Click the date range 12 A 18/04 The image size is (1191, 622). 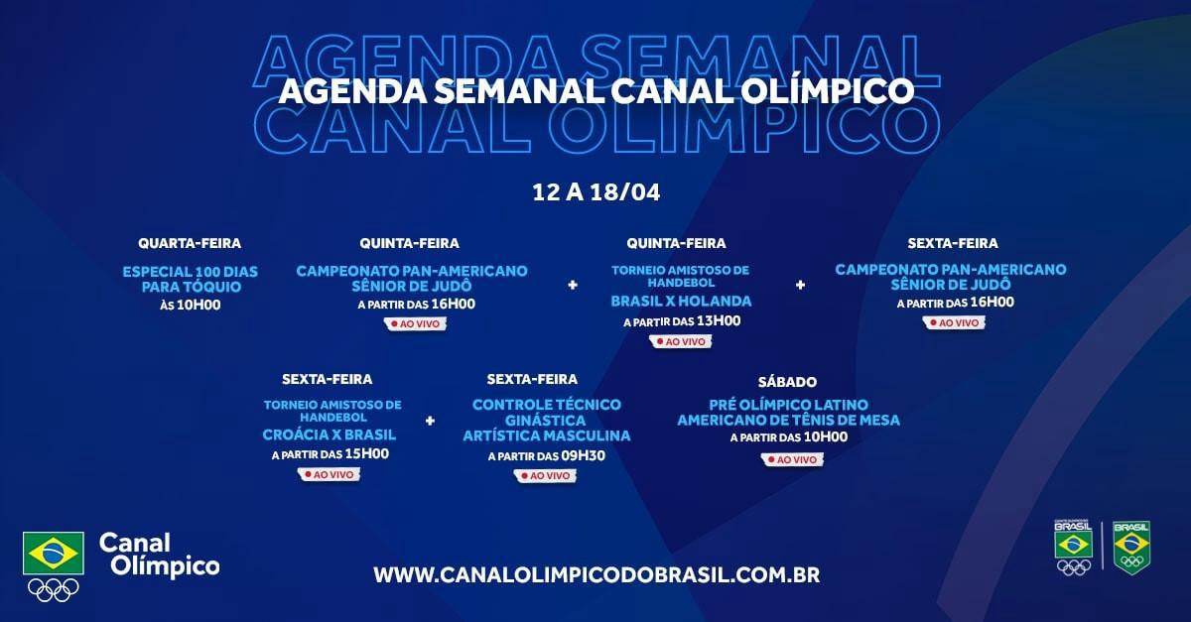pos(596,191)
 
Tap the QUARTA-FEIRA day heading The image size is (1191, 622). pos(190,243)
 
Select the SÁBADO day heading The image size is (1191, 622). pos(787,382)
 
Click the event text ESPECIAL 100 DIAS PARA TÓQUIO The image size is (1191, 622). pos(191,279)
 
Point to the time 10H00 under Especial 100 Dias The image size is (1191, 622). pos(199,306)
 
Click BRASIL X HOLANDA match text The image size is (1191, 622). pos(681,302)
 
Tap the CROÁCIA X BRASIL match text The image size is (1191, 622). pos(330,435)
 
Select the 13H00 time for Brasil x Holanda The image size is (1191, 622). pos(720,321)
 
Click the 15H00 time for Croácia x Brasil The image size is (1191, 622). pos(367,454)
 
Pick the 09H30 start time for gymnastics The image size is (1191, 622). pos(584,455)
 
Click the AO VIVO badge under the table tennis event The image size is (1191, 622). pos(792,459)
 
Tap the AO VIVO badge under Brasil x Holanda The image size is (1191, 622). pos(681,341)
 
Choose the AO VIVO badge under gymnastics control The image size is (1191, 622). pos(546,475)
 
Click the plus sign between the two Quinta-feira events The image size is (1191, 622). pos(573,286)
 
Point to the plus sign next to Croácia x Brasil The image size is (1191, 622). pos(430,421)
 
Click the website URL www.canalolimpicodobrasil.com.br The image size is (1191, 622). pos(596,575)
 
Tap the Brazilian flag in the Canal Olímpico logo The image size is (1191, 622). pos(54,554)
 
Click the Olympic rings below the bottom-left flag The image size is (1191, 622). pos(54,590)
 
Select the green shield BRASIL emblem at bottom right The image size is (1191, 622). pos(1132,548)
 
